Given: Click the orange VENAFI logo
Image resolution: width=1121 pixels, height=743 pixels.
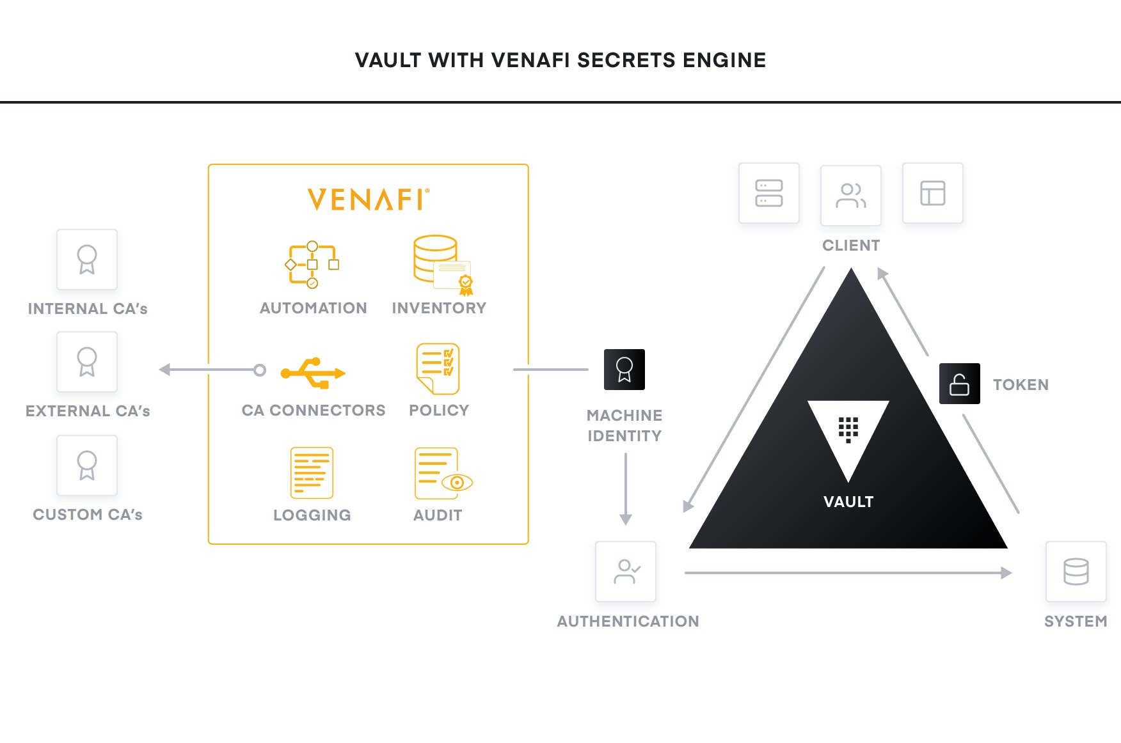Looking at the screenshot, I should [367, 199].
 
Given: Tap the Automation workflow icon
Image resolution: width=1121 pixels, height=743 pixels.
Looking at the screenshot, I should [312, 265].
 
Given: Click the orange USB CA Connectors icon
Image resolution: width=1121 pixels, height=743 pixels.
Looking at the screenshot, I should [313, 373].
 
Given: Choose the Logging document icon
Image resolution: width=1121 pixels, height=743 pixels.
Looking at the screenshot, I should [312, 473].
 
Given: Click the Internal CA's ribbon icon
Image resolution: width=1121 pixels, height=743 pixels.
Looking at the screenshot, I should [87, 260].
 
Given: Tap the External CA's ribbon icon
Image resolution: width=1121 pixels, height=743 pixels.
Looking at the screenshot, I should [87, 362].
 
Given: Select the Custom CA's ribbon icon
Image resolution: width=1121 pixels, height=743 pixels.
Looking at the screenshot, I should [87, 465].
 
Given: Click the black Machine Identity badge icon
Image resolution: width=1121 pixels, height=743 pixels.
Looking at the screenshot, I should [624, 370].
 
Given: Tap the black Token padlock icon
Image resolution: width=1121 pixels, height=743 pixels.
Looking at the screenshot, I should [959, 384].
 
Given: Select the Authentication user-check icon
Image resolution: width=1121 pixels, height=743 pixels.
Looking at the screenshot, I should [626, 572].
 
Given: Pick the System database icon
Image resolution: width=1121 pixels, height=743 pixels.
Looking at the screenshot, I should [1076, 572].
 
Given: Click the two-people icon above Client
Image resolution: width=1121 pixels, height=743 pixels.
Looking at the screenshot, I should [850, 195].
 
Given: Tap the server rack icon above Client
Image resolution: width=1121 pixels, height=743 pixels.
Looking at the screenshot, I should [768, 193].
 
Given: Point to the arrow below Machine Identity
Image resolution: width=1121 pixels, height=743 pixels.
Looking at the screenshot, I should [626, 489].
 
